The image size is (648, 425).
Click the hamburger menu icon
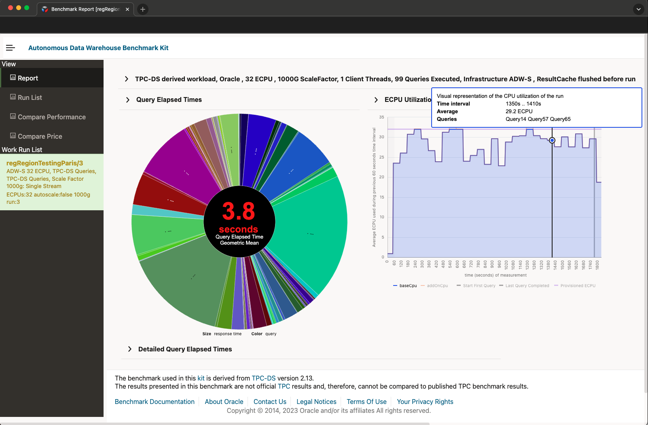pos(11,48)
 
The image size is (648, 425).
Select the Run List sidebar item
pos(30,97)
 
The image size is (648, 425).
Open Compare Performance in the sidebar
pos(51,117)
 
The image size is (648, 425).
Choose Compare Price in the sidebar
pos(40,136)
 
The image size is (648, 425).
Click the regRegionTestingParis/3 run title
pos(44,163)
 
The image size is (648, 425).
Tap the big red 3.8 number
pos(239,211)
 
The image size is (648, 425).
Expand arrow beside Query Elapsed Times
pos(128,100)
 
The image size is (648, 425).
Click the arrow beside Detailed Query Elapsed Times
pos(130,349)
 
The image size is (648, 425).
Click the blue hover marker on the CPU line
pos(552,140)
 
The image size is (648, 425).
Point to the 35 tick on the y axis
pos(381,117)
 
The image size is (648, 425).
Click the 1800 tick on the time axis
pos(597,265)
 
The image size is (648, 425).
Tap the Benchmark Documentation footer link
pos(155,402)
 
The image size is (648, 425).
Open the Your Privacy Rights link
pos(425,402)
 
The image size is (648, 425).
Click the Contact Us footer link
pos(270,402)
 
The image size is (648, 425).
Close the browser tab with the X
pos(127,9)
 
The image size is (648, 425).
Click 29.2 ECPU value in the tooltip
pos(519,111)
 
